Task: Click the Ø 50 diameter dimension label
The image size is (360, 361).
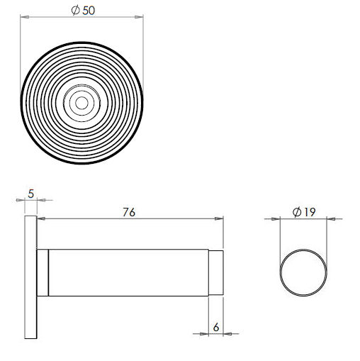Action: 83,11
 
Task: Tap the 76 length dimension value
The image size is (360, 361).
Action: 129,212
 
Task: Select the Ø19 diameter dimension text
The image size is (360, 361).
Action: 304,212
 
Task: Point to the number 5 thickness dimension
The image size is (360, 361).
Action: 31,194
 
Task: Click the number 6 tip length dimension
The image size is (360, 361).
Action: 216,328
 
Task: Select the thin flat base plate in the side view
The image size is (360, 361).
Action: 30,277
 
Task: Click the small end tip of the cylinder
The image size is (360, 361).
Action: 216,272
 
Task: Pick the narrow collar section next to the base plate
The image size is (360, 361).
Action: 43,272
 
